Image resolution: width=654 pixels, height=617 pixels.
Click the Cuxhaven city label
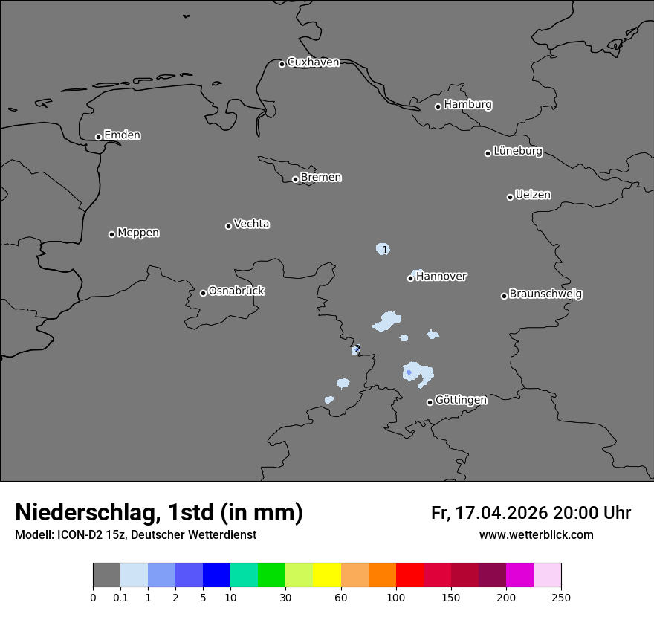(313, 62)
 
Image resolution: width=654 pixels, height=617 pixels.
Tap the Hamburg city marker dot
(438, 106)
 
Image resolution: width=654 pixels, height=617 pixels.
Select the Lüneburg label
(518, 151)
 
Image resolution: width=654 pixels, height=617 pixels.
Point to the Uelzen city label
(533, 195)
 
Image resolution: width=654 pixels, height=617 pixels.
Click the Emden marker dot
(98, 137)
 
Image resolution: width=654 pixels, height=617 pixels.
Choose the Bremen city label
(321, 177)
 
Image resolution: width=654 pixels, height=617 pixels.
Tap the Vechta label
(251, 224)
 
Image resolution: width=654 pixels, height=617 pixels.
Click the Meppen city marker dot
(111, 234)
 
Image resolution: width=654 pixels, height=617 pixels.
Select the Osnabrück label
(236, 291)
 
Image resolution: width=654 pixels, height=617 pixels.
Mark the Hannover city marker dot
(410, 278)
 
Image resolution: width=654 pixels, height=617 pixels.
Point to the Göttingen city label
(461, 400)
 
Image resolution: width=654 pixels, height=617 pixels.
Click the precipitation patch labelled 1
(383, 249)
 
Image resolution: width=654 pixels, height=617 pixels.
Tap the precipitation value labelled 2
(357, 349)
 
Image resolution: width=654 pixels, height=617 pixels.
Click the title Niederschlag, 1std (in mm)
(159, 512)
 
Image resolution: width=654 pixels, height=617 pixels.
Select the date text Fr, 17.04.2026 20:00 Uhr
(531, 513)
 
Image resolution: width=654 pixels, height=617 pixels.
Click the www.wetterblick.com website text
(536, 534)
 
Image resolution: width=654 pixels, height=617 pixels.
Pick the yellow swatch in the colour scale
(327, 575)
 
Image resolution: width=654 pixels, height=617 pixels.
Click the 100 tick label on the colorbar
(396, 597)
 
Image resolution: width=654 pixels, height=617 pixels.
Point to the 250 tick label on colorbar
(561, 597)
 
